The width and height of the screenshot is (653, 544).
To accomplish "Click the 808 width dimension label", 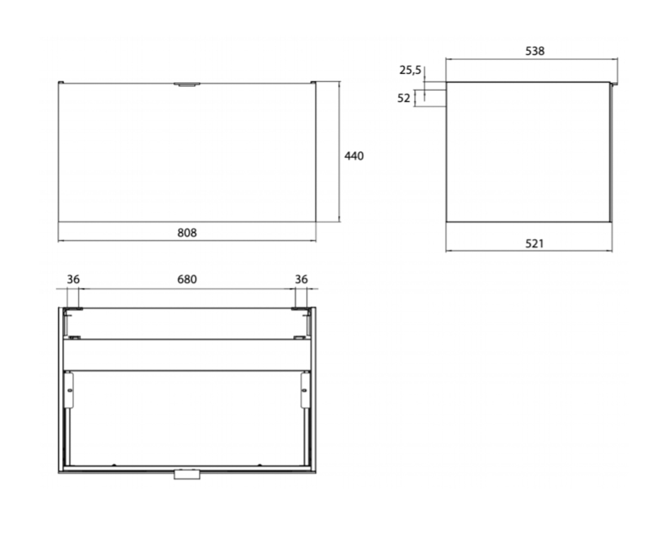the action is [x=187, y=233].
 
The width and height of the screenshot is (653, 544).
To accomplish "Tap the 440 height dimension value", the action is [x=354, y=156].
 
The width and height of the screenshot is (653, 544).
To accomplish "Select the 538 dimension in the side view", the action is [x=535, y=51].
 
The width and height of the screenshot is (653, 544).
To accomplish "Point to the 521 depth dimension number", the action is [x=534, y=244].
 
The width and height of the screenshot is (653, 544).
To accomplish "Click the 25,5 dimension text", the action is [x=410, y=70].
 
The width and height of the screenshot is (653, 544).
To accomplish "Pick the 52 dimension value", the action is [x=403, y=98].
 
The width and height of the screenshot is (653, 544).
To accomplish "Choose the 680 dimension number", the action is [x=187, y=279].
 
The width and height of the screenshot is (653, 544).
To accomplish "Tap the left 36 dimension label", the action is [x=73, y=279].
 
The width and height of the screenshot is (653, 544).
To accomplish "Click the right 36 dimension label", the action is [x=301, y=279].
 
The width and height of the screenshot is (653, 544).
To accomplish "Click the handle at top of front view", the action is [x=187, y=84].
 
